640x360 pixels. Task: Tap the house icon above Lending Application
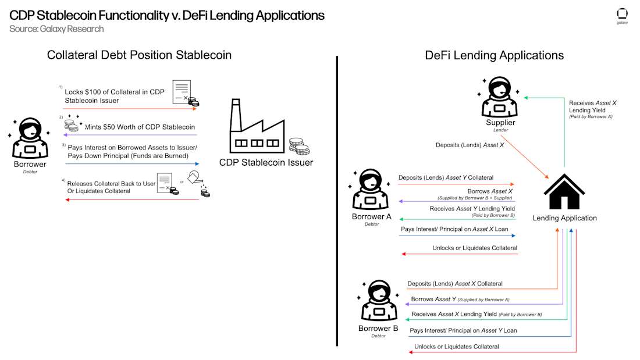point(564,191)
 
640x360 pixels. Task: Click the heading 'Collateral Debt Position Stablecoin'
point(139,55)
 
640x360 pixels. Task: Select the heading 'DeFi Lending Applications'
point(495,55)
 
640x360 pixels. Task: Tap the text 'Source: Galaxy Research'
point(56,28)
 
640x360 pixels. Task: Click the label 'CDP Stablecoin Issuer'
point(266,162)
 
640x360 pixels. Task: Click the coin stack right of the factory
point(299,147)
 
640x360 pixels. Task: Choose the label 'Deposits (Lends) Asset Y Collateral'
point(446,177)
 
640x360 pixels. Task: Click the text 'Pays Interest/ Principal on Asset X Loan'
point(454,229)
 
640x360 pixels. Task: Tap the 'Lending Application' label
point(564,218)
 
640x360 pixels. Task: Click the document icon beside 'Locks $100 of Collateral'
point(182,92)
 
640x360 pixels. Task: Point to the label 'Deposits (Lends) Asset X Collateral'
point(454,283)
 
